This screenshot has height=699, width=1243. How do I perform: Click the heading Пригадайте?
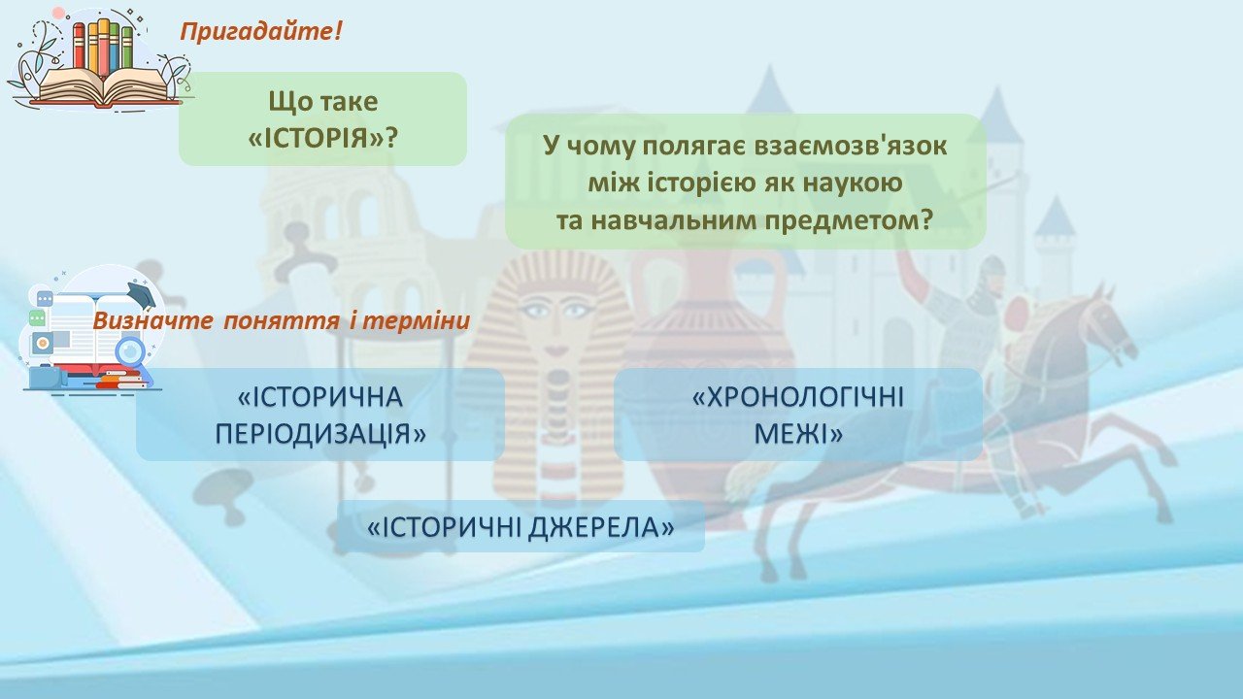[261, 32]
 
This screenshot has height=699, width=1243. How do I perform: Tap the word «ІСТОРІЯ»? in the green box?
[323, 138]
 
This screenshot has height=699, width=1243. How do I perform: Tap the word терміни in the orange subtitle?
[416, 320]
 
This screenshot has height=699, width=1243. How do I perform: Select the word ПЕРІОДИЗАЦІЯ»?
[320, 434]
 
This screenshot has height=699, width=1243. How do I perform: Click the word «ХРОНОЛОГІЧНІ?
[798, 397]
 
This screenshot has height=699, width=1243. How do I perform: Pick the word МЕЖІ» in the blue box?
[798, 434]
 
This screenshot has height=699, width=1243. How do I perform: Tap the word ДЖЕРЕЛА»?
[600, 527]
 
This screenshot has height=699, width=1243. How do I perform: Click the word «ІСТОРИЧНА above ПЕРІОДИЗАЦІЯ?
[320, 397]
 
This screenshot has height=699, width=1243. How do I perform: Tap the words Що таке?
[323, 102]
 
